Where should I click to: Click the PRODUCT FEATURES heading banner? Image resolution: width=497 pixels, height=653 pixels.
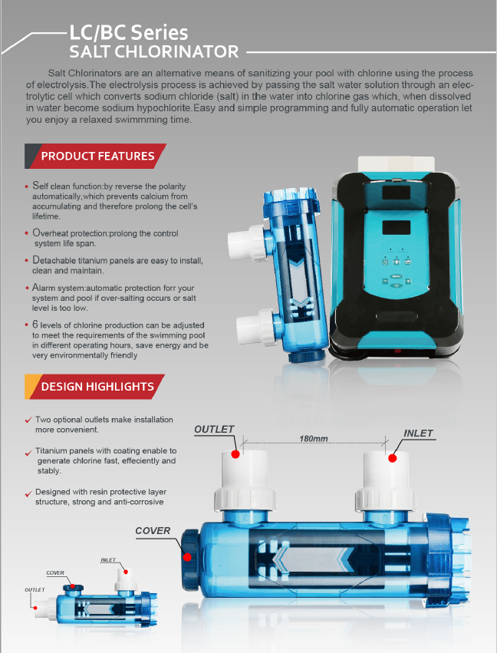pos(95,157)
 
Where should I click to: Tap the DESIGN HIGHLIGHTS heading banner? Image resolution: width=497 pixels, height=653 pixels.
pos(94,387)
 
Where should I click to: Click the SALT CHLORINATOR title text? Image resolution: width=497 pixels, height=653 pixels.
pos(154,51)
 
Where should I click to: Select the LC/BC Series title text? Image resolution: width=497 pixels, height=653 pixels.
pos(128,32)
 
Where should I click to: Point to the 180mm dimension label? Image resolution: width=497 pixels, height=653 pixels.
pos(314,438)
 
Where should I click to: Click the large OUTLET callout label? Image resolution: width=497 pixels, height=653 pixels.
pos(214,430)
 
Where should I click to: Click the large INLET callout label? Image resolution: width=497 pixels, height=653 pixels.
pos(418,433)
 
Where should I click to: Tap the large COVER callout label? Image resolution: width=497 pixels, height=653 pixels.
pos(153,530)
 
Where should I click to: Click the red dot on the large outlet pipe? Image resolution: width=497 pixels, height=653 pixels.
pos(235,454)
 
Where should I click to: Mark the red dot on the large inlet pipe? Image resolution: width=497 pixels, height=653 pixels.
pos(392,458)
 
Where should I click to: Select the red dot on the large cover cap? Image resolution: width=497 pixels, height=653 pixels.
pos(187,557)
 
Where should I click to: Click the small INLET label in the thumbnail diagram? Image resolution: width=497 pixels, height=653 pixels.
pos(108,559)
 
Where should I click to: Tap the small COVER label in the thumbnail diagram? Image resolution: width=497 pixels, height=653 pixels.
pos(55,573)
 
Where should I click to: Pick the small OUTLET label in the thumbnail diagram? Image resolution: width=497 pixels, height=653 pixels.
pos(35,590)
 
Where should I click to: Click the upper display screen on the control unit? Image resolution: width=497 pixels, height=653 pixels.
pos(397,192)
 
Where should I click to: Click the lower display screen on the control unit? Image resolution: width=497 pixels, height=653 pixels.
pos(397,227)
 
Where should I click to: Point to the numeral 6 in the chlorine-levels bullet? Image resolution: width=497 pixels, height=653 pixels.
pos(35,325)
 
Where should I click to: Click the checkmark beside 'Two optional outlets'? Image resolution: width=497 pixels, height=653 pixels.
pos(28,420)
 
